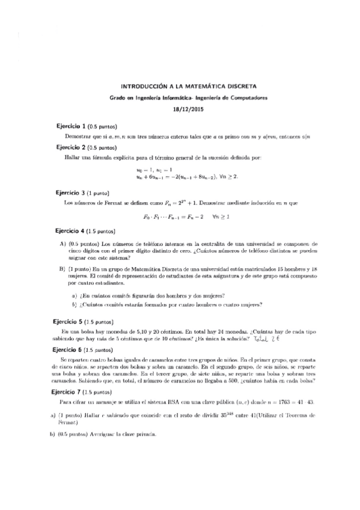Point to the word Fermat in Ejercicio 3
(103, 203)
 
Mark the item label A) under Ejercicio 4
(62, 243)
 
